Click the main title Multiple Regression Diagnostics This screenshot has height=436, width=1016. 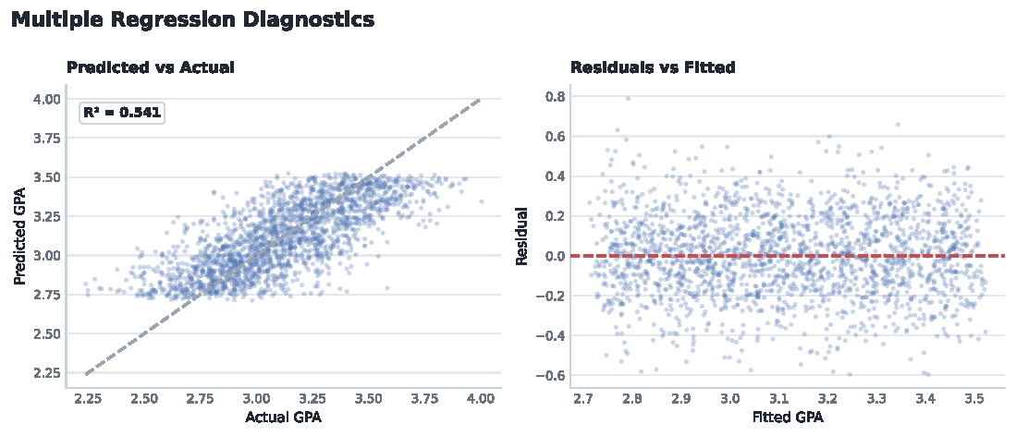point(193,19)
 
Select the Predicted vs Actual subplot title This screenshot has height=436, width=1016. point(151,67)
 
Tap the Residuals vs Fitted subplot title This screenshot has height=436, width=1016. point(653,67)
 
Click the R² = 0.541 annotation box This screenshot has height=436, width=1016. point(122,114)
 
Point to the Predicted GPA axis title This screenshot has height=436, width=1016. point(20,236)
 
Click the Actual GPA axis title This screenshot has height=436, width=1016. point(283,418)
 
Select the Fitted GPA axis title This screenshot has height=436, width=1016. point(788,418)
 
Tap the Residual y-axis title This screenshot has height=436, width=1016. point(521,236)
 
